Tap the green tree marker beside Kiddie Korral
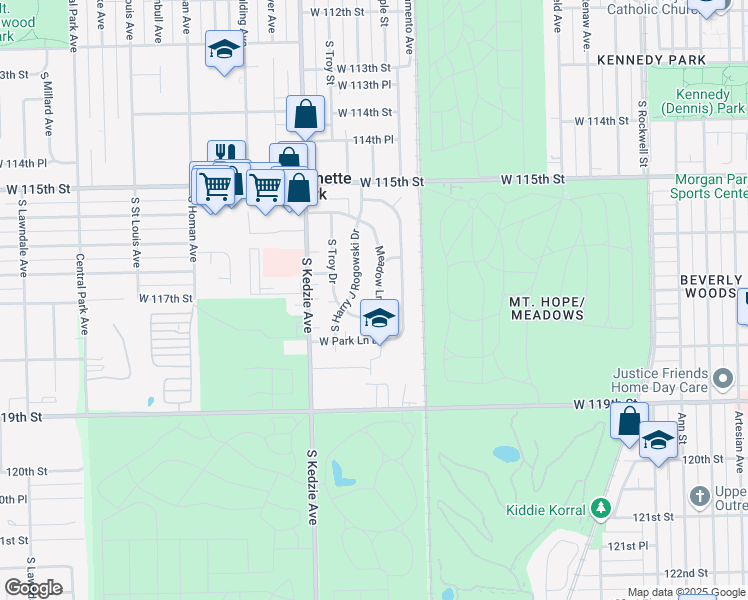[600, 508]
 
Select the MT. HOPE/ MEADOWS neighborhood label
[546, 307]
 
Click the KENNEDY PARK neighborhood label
[651, 60]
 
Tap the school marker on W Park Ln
[379, 320]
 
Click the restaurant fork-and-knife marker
[227, 156]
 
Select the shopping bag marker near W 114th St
[305, 115]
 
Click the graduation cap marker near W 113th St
[225, 50]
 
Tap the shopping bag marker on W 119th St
[629, 421]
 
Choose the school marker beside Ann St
[658, 441]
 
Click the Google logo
[33, 588]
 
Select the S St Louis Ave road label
[133, 231]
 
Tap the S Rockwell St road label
[641, 133]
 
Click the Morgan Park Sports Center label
[710, 186]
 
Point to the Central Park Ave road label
[81, 292]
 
